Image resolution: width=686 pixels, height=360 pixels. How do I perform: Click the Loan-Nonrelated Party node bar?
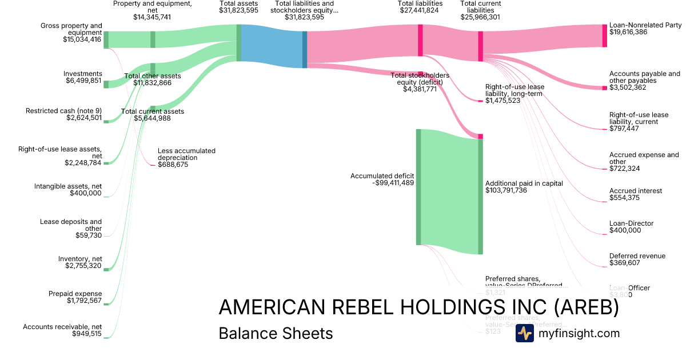pyautogui.click(x=604, y=35)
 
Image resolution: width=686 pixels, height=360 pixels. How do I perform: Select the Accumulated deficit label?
pyautogui.click(x=382, y=175)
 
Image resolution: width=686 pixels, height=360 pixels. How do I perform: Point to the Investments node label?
pyautogui.click(x=83, y=74)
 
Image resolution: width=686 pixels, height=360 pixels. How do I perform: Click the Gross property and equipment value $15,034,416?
pyautogui.click(x=83, y=40)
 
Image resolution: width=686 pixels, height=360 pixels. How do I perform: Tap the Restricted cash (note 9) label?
pyautogui.click(x=63, y=111)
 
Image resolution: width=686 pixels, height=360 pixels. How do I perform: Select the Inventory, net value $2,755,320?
pyautogui.click(x=83, y=266)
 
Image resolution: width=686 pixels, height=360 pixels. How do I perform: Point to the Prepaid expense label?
pyautogui.click(x=75, y=294)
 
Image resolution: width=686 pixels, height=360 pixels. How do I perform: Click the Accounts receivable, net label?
pyautogui.click(x=62, y=327)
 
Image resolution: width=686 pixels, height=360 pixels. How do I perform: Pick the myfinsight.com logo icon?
pyautogui.click(x=524, y=333)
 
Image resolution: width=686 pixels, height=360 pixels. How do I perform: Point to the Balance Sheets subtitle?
pyautogui.click(x=276, y=333)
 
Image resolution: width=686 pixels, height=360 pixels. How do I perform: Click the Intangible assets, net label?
pyautogui.click(x=67, y=186)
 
